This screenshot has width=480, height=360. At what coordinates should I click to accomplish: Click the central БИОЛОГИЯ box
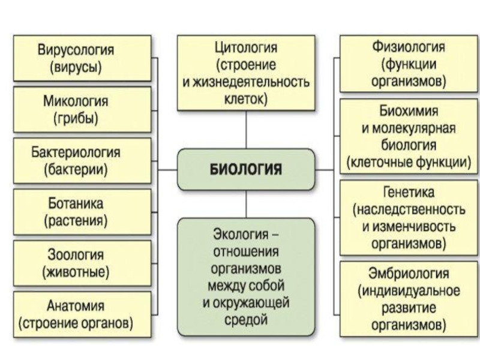coord(246,170)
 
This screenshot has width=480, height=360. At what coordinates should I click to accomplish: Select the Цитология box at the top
coord(246,72)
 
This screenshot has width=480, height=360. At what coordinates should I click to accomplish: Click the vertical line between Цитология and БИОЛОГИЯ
coord(246,130)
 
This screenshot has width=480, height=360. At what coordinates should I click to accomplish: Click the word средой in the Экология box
coord(246,320)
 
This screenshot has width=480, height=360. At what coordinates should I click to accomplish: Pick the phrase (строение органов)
coord(76,323)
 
